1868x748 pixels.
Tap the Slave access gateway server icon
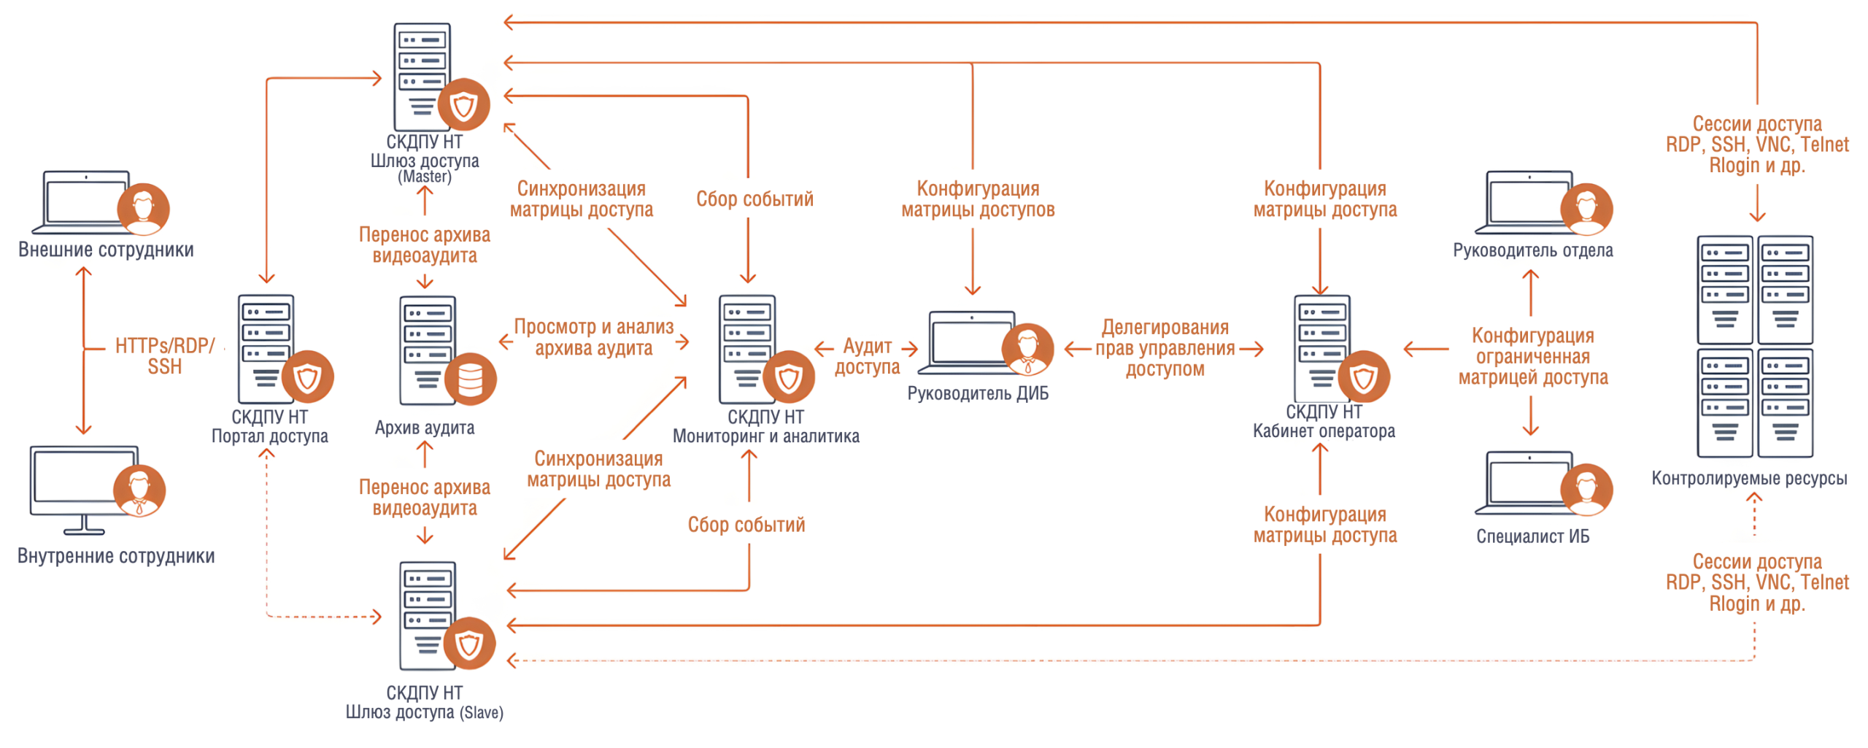[x=428, y=614]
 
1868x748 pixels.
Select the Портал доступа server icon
[x=266, y=348]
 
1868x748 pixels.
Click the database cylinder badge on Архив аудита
[x=470, y=379]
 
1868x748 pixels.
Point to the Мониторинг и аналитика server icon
[x=747, y=348]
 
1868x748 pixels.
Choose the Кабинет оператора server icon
[x=1322, y=348]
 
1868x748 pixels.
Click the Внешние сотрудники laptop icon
[x=86, y=202]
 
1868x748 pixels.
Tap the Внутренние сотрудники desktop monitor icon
[x=84, y=485]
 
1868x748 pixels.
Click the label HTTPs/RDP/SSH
[x=165, y=355]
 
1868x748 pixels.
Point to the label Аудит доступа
[x=867, y=355]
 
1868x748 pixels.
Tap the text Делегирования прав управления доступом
[x=1165, y=348]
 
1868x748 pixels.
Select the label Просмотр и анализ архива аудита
[x=593, y=337]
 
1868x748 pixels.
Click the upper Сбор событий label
[x=754, y=198]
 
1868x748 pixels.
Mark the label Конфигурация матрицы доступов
[x=977, y=198]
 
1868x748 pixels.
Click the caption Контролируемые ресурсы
[x=1748, y=478]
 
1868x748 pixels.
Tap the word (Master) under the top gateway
[x=424, y=177]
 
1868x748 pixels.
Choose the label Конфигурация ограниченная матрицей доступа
[x=1532, y=356]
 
